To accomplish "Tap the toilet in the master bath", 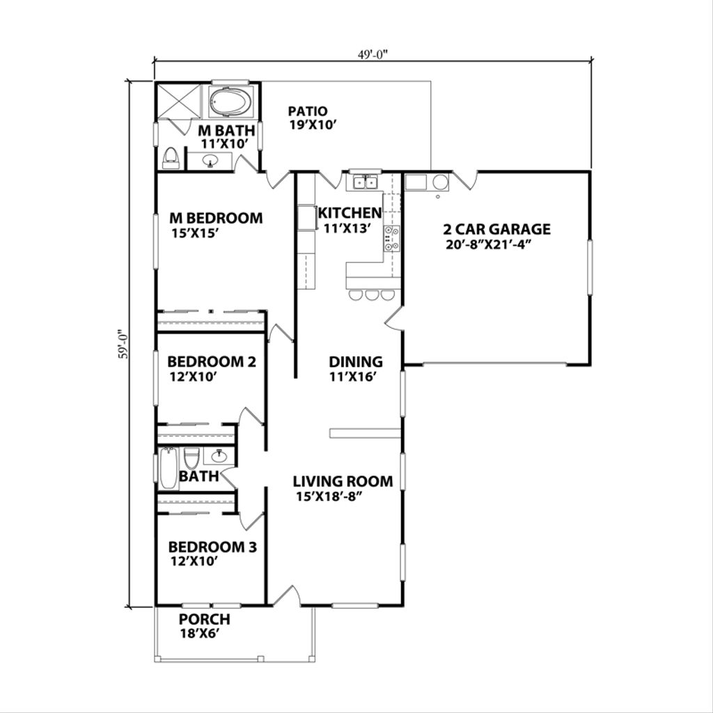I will tap(170, 159).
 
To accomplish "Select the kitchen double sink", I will tap(364, 183).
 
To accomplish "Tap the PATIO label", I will tap(308, 111).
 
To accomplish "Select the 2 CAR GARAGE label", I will tap(496, 229).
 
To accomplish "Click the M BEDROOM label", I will tap(217, 218).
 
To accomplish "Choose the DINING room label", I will tap(356, 361).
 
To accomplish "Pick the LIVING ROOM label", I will tap(343, 481).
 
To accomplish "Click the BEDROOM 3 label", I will tap(212, 547).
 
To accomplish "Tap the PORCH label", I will tap(205, 619).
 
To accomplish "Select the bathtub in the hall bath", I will tap(168, 468).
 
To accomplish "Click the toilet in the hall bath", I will tap(191, 458).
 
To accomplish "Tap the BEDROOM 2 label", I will tap(212, 362).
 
